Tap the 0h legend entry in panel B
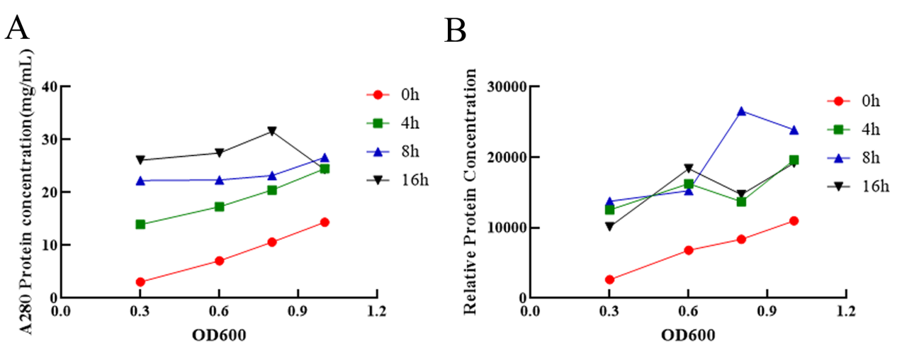pos(855,101)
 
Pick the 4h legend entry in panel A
pos(396,123)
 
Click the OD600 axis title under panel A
pos(219,335)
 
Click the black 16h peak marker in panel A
pos(272,131)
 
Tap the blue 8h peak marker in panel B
pos(741,111)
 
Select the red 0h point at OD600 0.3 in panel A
pos(140,282)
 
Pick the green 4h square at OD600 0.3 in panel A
pos(140,224)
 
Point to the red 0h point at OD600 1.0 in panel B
pos(794,220)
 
